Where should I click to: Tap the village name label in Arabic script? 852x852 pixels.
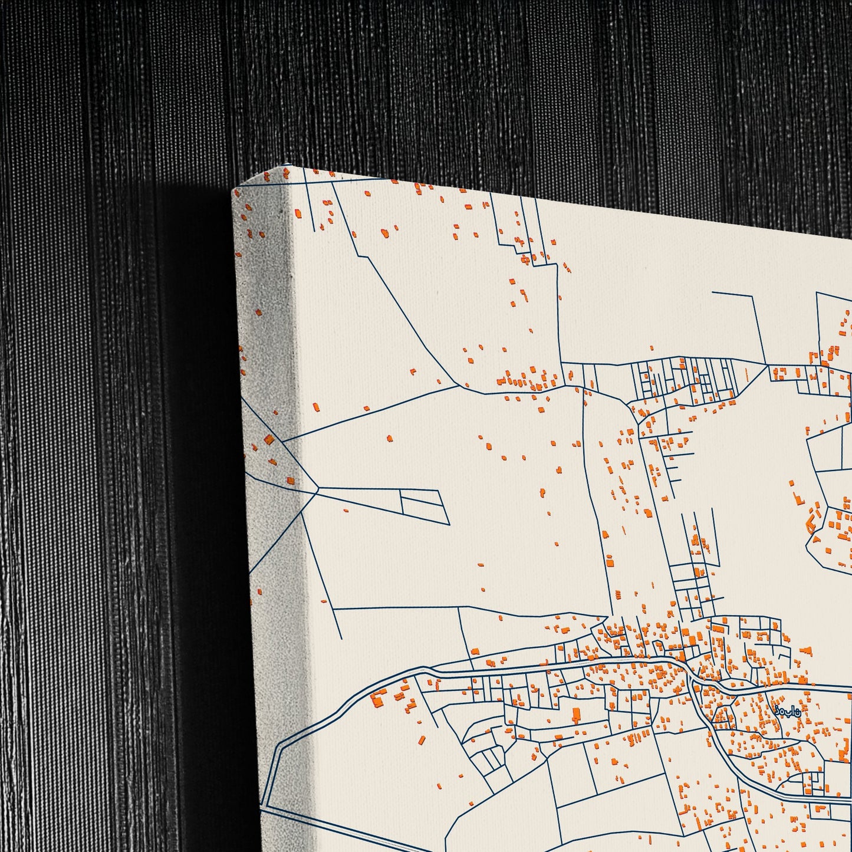pos(788,711)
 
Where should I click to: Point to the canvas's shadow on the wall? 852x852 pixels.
pos(195,472)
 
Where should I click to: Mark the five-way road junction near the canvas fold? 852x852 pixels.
pos(318,488)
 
